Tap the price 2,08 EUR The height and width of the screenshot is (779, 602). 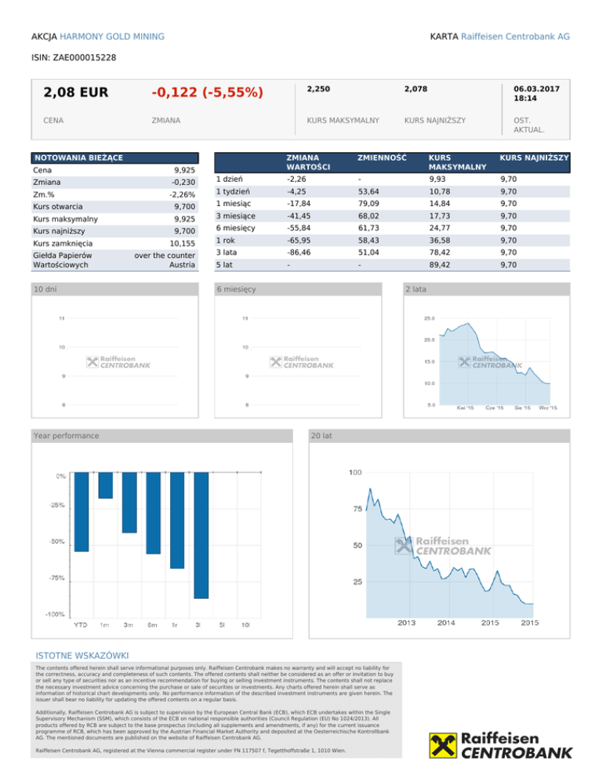pos(77,93)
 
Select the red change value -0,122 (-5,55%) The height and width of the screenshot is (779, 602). pos(207,93)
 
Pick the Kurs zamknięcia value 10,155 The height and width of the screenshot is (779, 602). pos(180,245)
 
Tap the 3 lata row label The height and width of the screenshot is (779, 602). pos(227,252)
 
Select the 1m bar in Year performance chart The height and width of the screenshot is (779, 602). pos(105,485)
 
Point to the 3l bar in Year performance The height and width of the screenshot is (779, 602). pos(201,535)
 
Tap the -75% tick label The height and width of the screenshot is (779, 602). pos(56,578)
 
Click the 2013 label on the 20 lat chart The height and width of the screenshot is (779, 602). pos(407,623)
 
